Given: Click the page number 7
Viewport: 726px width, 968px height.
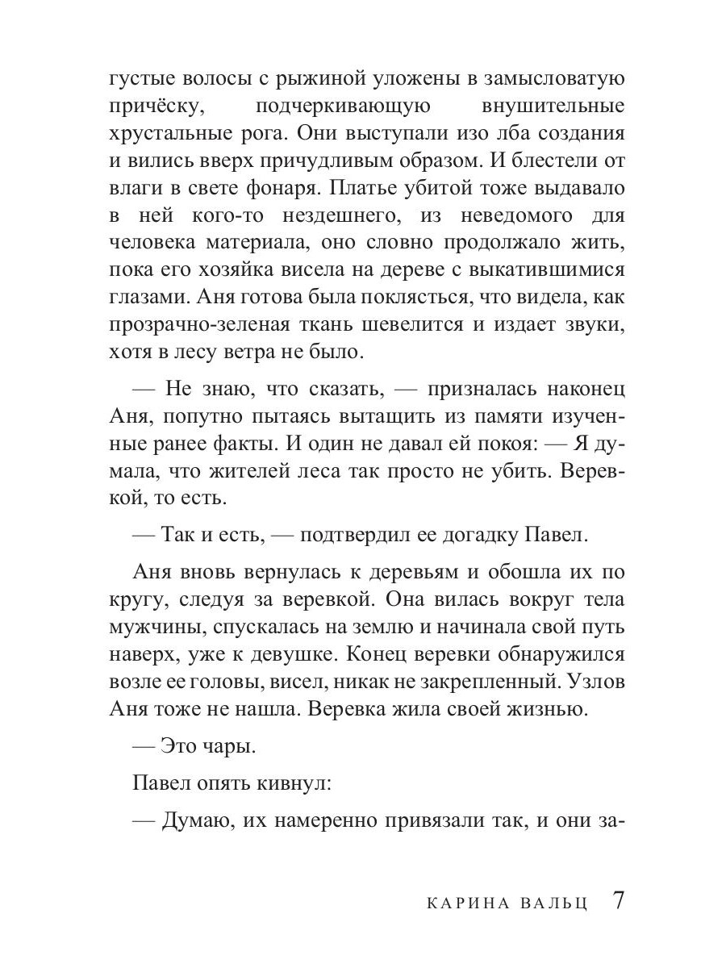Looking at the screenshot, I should coord(618,900).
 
